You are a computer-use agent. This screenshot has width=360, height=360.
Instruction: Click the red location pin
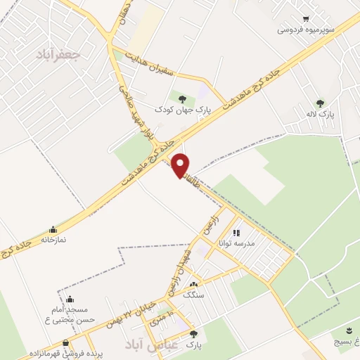[x=181, y=164]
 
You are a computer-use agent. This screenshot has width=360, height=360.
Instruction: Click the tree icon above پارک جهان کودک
[x=183, y=98]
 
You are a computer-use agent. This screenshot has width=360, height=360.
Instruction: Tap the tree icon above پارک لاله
[x=321, y=103]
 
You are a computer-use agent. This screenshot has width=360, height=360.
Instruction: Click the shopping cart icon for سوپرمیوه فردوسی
[x=305, y=19]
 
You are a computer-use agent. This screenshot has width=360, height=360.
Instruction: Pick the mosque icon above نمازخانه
[x=53, y=229]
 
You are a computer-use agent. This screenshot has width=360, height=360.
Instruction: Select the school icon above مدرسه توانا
[x=237, y=232]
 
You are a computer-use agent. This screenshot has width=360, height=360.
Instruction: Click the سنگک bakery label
[x=193, y=296]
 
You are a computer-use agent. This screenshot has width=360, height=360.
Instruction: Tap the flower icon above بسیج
[x=349, y=330]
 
